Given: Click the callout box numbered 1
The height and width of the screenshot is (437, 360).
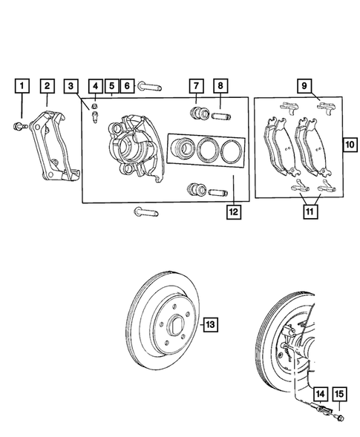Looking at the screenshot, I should pos(23,86).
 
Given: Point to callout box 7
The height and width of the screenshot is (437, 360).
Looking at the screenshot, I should pos(196,86).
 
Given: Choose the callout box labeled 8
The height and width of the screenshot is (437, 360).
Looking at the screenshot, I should pos(220,86).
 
